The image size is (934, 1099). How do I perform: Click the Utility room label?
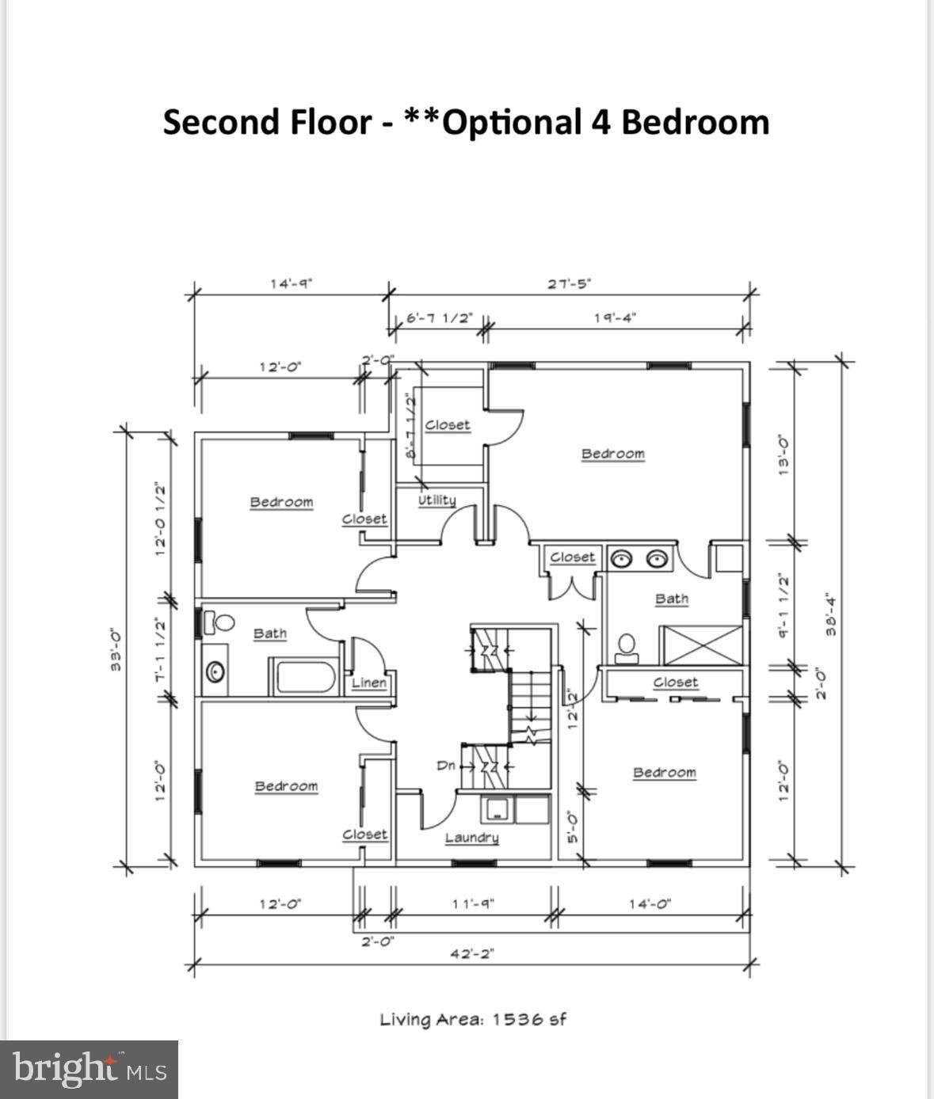[437, 500]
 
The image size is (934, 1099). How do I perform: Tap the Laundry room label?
[471, 838]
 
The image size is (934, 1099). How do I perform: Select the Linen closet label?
[369, 683]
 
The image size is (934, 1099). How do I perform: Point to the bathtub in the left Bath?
[305, 678]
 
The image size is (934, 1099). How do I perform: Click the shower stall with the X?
[702, 645]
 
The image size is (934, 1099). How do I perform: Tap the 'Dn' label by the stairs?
[446, 766]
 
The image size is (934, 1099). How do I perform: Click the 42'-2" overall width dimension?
[471, 953]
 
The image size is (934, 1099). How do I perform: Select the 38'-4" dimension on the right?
[830, 614]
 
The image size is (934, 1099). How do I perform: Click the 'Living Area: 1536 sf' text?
[473, 1019]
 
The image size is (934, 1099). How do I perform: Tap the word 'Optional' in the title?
[512, 123]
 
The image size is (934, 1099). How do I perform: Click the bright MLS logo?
[89, 1069]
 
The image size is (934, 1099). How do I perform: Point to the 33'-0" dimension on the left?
[116, 649]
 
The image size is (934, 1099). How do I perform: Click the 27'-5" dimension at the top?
[569, 283]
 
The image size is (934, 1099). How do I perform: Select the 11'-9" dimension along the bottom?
[473, 903]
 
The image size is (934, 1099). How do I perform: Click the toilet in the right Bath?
[627, 647]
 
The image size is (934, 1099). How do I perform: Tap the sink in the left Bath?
[215, 672]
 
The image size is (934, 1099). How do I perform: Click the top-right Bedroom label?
[612, 454]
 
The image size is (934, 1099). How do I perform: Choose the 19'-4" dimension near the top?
[615, 318]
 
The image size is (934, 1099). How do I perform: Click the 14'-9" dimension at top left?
[291, 283]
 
